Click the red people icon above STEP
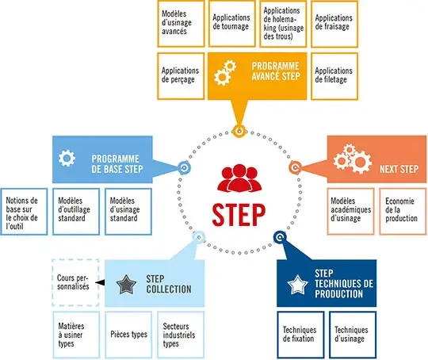239,178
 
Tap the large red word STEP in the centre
239,215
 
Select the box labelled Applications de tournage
231,24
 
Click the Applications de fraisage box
334,24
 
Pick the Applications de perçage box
181,76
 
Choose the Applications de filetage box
334,76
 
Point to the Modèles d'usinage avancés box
181,24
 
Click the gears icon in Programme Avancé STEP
225,73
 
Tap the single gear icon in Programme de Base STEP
67,158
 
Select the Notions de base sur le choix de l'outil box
24,212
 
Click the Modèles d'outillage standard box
76,212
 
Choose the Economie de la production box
403,212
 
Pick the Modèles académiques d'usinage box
351,212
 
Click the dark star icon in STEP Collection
126,285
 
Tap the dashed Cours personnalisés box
75,283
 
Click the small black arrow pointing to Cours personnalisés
100,282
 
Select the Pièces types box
128,335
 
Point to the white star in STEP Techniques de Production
298,285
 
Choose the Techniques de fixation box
300,335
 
